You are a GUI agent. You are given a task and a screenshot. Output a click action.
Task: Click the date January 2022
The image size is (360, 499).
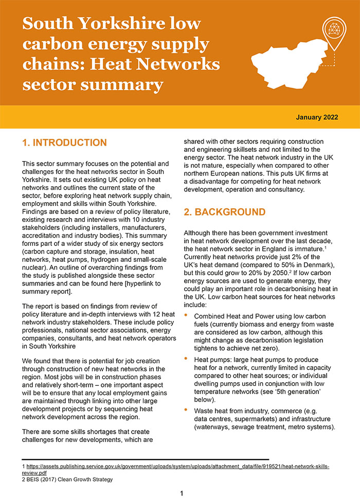coord(317,117)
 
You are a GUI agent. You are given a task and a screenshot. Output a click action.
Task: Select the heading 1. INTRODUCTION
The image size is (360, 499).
coord(64,142)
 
